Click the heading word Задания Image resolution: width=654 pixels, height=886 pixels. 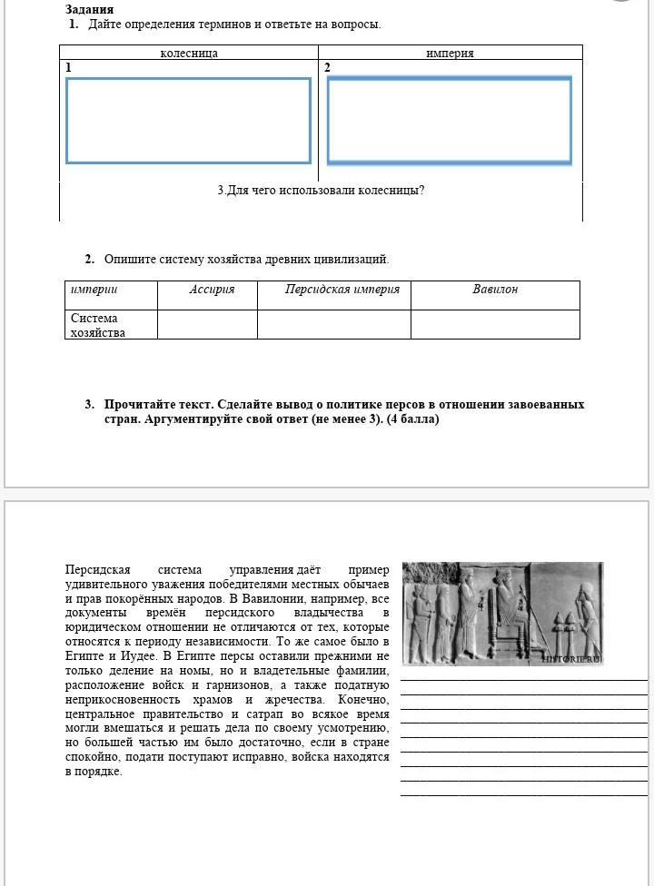89,9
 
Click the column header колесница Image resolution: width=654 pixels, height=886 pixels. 189,53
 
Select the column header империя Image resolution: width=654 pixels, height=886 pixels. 450,53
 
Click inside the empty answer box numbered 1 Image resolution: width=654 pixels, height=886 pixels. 188,121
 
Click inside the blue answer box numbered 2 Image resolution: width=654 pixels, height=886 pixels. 450,121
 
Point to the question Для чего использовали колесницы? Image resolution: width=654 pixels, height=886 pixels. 321,191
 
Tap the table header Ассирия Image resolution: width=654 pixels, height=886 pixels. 212,290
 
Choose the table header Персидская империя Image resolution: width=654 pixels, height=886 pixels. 342,290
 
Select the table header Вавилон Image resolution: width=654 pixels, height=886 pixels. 495,290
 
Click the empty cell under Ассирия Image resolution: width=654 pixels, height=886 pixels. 207,324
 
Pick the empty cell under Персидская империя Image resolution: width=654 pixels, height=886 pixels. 333,324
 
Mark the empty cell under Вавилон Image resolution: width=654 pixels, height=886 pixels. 495,324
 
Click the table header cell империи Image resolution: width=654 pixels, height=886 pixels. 94,290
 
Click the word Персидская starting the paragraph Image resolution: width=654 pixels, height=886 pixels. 98,570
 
